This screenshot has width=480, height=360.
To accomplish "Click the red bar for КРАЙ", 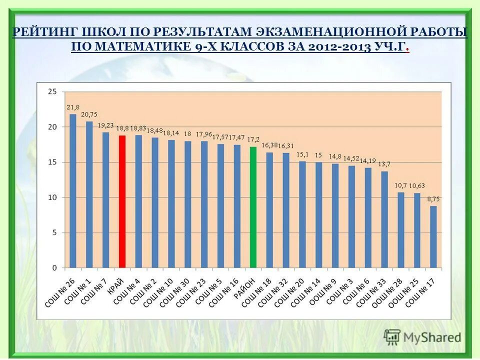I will (x=122, y=201).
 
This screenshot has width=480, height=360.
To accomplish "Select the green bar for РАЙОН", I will (x=253, y=207).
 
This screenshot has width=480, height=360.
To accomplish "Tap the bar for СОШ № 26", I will (x=73, y=191).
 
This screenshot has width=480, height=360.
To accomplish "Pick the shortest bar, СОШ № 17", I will (x=433, y=237).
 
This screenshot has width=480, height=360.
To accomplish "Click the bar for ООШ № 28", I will (x=400, y=230).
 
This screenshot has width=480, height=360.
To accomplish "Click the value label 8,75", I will (x=433, y=199).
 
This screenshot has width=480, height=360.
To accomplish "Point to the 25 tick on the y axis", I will (x=52, y=91).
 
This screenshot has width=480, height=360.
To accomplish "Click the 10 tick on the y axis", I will (x=52, y=197).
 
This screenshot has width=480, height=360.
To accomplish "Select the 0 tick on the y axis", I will (x=54, y=268).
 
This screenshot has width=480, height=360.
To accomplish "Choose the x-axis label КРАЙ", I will (x=116, y=285).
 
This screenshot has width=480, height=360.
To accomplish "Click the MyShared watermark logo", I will (x=422, y=337).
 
